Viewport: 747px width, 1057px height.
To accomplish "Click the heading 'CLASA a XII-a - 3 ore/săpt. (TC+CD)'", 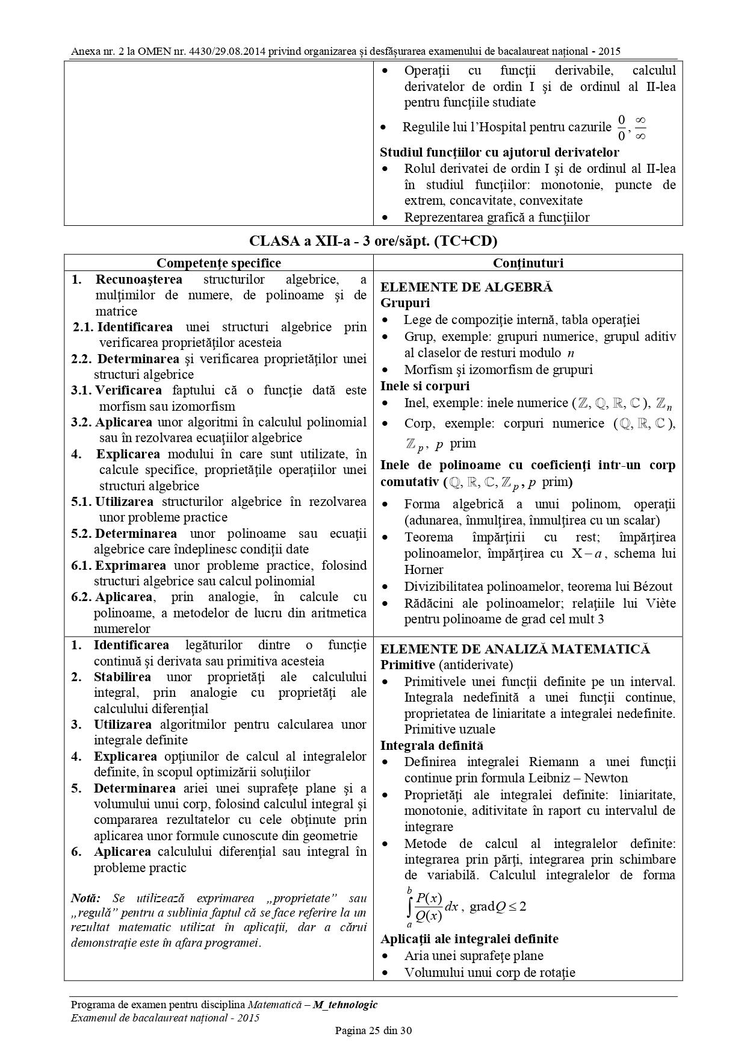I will pyautogui.click(x=373, y=242).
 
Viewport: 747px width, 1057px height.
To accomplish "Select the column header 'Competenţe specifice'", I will pyautogui.click(x=219, y=263).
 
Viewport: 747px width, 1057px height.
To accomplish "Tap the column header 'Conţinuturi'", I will pyautogui.click(x=528, y=263).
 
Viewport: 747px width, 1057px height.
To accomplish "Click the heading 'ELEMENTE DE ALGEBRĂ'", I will pyautogui.click(x=466, y=287).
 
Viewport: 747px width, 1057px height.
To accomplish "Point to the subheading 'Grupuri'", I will pyautogui.click(x=405, y=303).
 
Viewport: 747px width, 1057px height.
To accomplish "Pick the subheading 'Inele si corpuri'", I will pyautogui.click(x=425, y=385).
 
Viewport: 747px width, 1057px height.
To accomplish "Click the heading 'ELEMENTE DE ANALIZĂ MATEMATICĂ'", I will pyautogui.click(x=515, y=649).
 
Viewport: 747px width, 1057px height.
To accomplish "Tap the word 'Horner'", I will pyautogui.click(x=424, y=570).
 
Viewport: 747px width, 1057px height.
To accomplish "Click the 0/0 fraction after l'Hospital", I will pyautogui.click(x=622, y=127).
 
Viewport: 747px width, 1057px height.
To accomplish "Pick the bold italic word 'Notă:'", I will pyautogui.click(x=85, y=898).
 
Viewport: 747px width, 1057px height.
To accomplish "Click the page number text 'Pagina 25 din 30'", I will pyautogui.click(x=373, y=1030).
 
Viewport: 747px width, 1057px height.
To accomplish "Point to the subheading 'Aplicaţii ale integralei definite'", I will pyautogui.click(x=470, y=939).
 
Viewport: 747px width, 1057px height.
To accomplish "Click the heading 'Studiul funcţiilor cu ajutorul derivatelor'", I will pyautogui.click(x=500, y=152).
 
